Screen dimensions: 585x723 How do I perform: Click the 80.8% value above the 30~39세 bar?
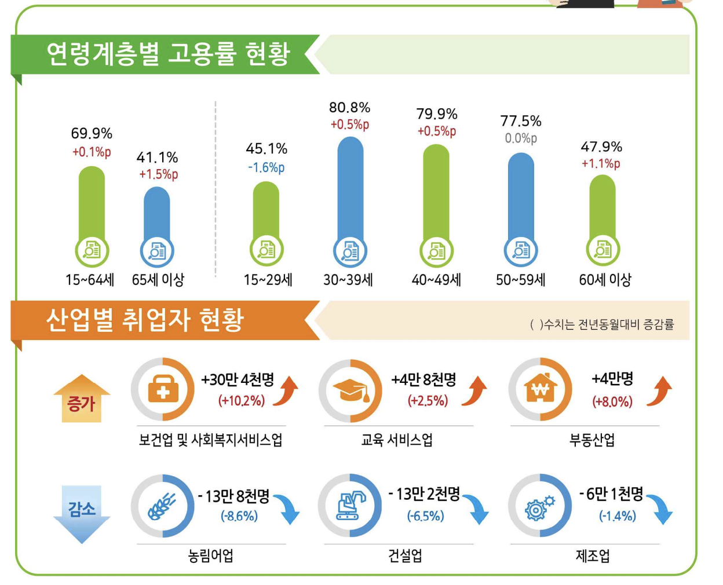349,108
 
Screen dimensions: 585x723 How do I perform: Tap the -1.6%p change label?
266,168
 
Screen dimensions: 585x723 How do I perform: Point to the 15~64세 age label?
90,280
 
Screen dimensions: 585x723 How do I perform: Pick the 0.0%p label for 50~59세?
521,138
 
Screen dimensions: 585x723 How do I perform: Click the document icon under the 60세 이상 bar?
603,250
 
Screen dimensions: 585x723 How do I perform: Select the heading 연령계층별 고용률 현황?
168,54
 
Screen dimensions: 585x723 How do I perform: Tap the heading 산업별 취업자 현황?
145,320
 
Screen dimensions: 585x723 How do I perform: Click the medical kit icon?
163,390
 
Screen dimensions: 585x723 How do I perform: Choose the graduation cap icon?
350,391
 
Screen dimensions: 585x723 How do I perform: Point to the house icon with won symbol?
540,389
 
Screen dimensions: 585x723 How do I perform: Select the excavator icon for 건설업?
350,506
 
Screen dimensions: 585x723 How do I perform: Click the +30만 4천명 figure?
238,380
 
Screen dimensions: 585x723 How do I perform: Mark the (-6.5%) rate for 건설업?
425,516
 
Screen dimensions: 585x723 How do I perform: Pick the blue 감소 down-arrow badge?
82,513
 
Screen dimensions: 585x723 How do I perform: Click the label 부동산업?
591,440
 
